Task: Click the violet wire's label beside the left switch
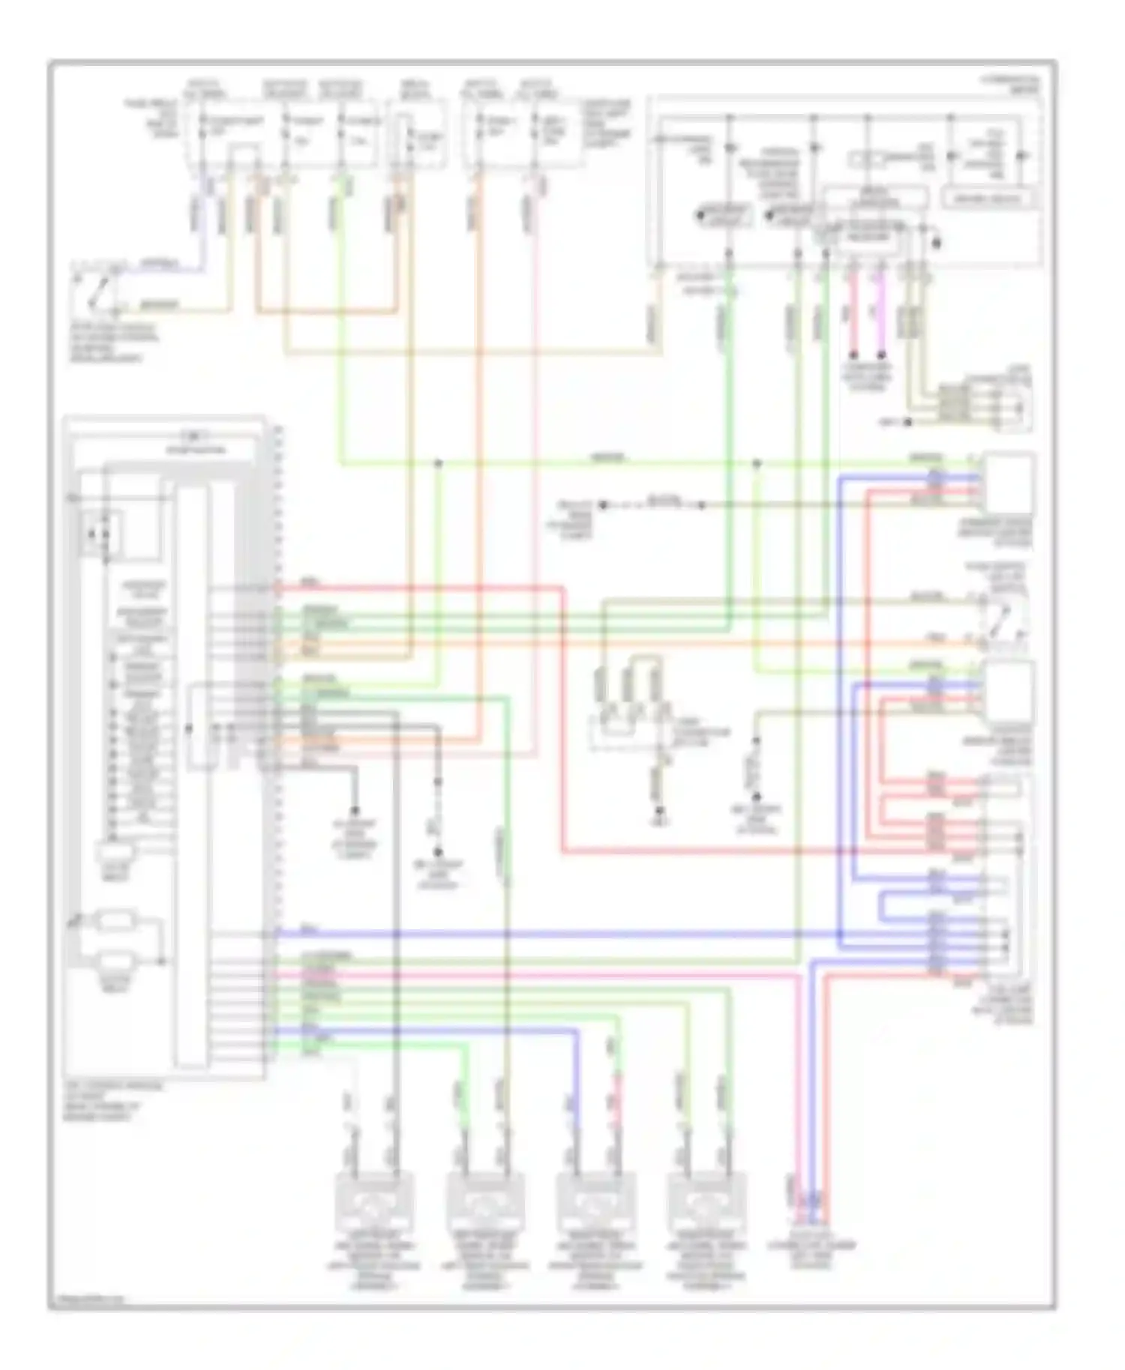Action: coord(160,264)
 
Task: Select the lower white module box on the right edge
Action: coord(1009,691)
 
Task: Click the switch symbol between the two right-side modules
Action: coord(1001,621)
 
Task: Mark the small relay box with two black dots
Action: coord(100,534)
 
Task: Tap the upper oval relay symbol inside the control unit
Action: coord(115,920)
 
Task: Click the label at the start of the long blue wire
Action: coord(309,930)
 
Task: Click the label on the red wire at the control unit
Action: coord(308,582)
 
